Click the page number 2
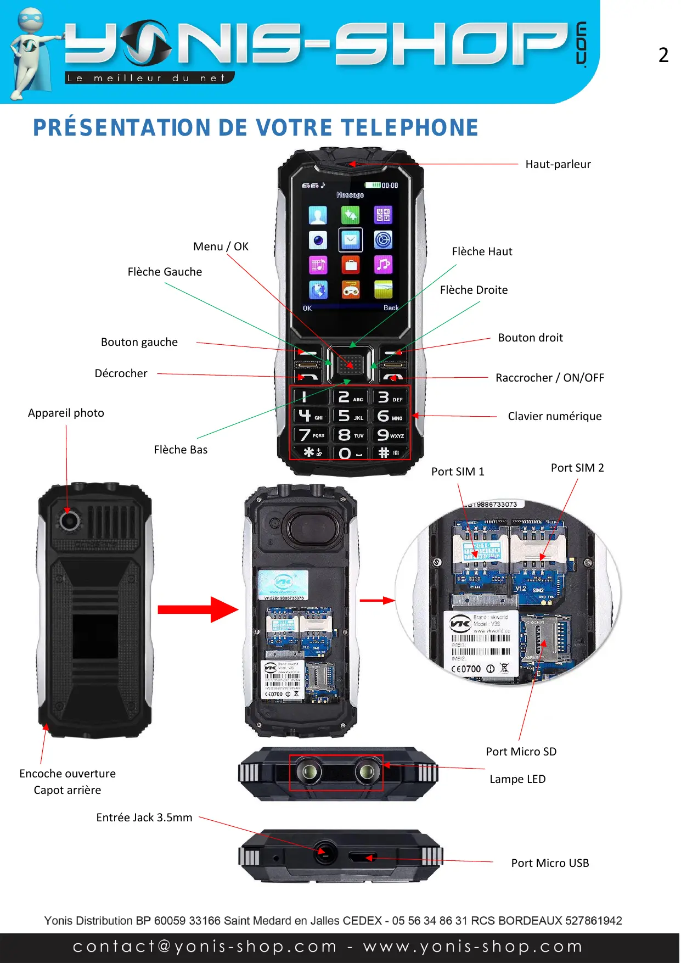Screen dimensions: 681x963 click(663, 55)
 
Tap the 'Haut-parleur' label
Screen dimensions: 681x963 click(558, 164)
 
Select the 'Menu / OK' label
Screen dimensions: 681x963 click(221, 247)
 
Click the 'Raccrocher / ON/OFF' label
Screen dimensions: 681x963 click(549, 378)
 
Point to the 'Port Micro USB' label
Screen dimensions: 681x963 click(550, 863)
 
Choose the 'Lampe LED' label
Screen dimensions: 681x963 click(517, 779)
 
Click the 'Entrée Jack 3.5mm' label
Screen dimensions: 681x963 click(144, 818)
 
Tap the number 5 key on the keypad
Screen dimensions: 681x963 click(351, 416)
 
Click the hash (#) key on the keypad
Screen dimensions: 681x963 click(390, 453)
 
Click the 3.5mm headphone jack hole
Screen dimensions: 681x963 click(325, 853)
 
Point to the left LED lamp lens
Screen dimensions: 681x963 click(309, 772)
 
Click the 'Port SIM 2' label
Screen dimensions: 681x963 click(577, 468)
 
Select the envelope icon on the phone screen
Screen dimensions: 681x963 click(350, 240)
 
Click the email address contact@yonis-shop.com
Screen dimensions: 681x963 click(205, 947)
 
